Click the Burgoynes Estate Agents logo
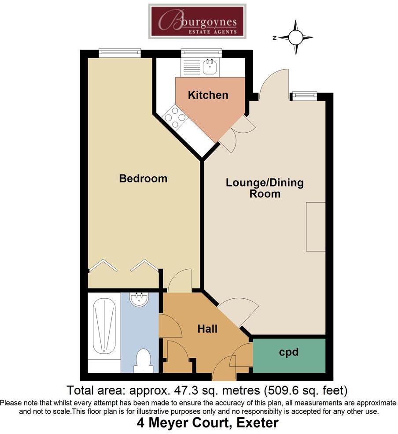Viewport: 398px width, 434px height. tap(197, 22)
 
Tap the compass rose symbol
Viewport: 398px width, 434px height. tap(295, 37)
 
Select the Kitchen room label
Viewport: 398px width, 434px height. tap(208, 95)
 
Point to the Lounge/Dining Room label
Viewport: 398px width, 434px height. tap(265, 188)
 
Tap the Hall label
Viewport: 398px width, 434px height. tap(207, 329)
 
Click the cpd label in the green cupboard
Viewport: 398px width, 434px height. tap(289, 352)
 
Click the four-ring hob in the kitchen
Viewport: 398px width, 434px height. tap(175, 117)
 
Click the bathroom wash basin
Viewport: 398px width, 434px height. tap(140, 299)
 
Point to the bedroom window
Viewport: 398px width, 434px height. tap(119, 52)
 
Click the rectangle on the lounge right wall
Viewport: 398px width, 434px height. tap(316, 226)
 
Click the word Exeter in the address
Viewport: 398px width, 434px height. tap(258, 423)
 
